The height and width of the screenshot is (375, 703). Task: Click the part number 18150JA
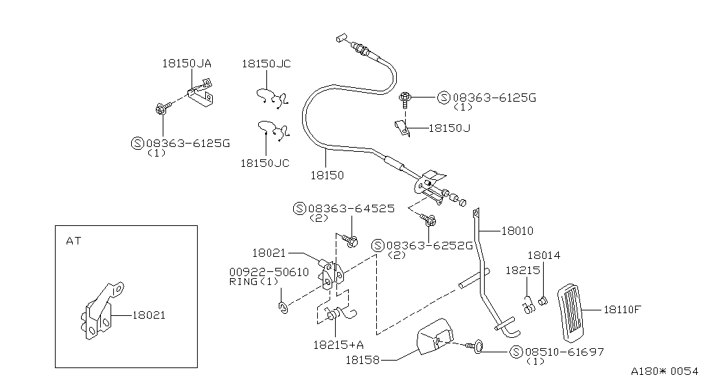coord(186,63)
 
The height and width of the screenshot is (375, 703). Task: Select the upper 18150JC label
coord(266,63)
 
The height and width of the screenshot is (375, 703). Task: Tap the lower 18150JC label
coord(266,163)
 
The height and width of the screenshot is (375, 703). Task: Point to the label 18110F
coord(622,309)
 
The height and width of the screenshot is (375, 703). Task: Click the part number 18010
coord(517,231)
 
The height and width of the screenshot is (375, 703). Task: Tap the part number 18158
coord(362,359)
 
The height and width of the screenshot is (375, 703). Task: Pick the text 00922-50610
coord(268,272)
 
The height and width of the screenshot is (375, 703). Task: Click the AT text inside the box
coord(73,241)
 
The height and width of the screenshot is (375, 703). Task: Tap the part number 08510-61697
coord(566,352)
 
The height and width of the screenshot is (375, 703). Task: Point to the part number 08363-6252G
coord(430,245)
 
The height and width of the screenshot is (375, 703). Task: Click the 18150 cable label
coord(327,175)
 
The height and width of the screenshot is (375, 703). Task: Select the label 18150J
coord(449,127)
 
